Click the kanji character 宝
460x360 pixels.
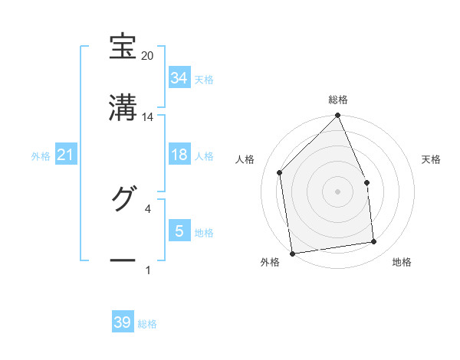tap(123, 47)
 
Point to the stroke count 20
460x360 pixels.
tap(147, 56)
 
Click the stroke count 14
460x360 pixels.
tap(147, 117)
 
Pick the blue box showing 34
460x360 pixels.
tap(179, 78)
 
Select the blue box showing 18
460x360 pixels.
tap(179, 155)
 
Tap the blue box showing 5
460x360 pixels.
tap(179, 231)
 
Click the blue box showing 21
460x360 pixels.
tap(66, 155)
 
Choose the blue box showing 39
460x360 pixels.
tap(123, 322)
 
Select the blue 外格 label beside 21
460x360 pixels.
tap(41, 156)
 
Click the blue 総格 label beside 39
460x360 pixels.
tap(147, 324)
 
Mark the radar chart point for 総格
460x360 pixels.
tap(337, 116)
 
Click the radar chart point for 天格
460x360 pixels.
tap(366, 182)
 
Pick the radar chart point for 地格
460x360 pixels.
tap(374, 242)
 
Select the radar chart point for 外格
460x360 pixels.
tap(292, 253)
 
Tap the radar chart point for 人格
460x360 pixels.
tap(280, 172)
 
